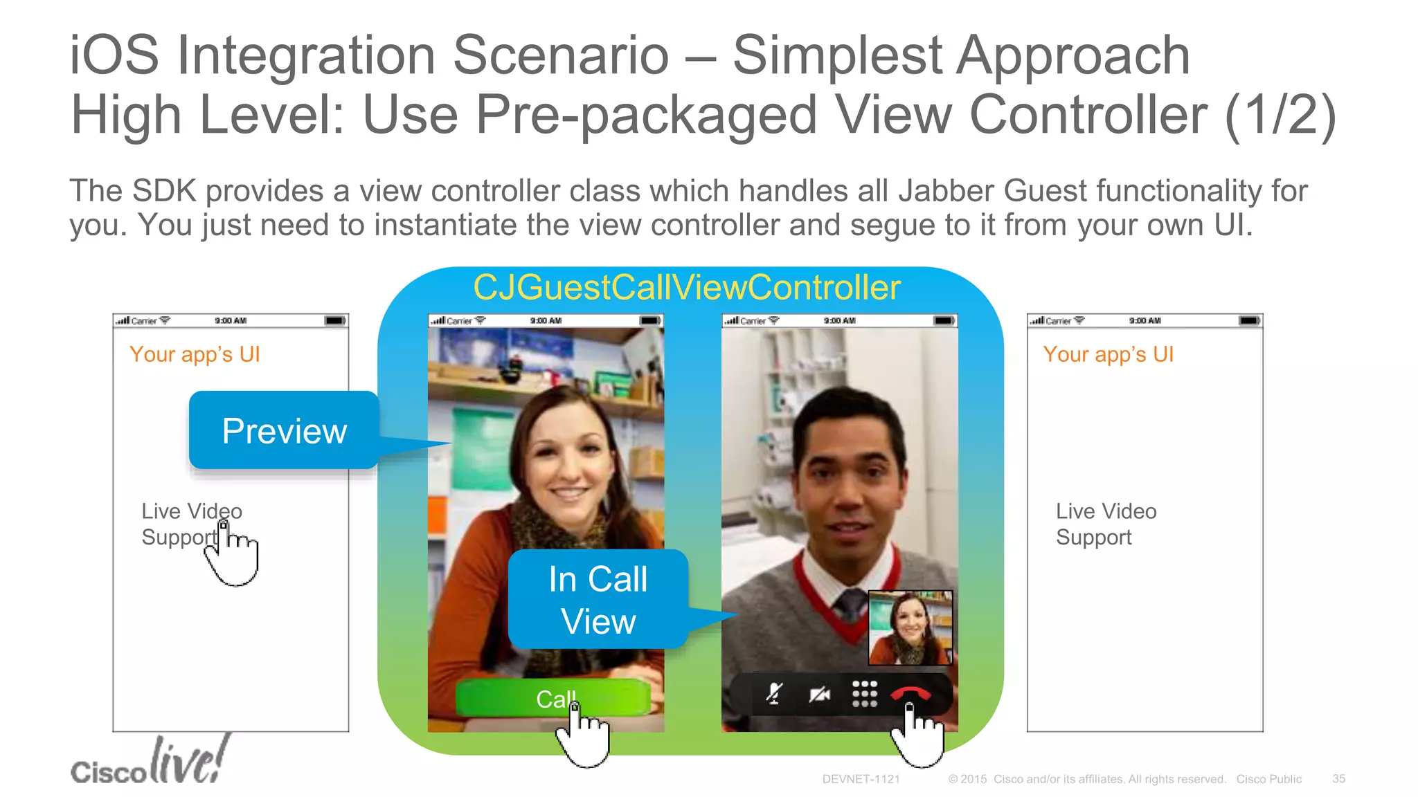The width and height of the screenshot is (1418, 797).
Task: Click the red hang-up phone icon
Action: click(x=910, y=693)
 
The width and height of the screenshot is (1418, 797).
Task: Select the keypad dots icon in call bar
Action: click(x=864, y=693)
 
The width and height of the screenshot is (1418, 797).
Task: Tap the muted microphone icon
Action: click(x=775, y=693)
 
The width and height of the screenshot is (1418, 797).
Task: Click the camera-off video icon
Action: click(x=820, y=693)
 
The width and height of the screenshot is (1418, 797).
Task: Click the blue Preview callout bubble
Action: click(x=284, y=431)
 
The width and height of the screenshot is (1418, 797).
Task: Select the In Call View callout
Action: click(x=598, y=600)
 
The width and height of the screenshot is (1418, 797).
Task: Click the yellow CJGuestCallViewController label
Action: click(x=687, y=287)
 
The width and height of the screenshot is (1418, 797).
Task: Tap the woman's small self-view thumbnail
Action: click(x=910, y=627)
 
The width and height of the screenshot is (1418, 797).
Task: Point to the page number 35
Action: click(x=1338, y=779)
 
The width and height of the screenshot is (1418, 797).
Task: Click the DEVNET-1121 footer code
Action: click(x=861, y=779)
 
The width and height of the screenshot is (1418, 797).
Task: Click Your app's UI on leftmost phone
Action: click(x=195, y=354)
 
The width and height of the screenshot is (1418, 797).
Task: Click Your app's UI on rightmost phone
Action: click(x=1108, y=354)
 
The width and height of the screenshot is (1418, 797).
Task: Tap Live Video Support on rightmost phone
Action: click(x=1106, y=524)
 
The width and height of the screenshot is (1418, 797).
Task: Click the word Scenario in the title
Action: click(x=561, y=55)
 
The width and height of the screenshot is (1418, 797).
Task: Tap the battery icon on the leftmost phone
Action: click(x=335, y=320)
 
